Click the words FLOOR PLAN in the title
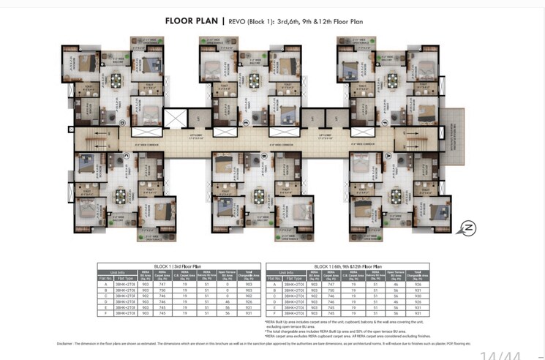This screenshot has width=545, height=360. coord(191,20)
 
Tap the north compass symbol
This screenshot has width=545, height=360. coord(467,228)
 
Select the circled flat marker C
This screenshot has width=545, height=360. coord(126,154)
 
